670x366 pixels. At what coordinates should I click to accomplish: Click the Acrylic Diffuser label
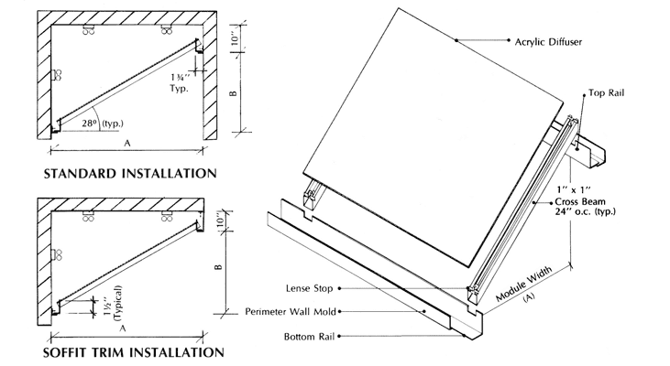(550, 42)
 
